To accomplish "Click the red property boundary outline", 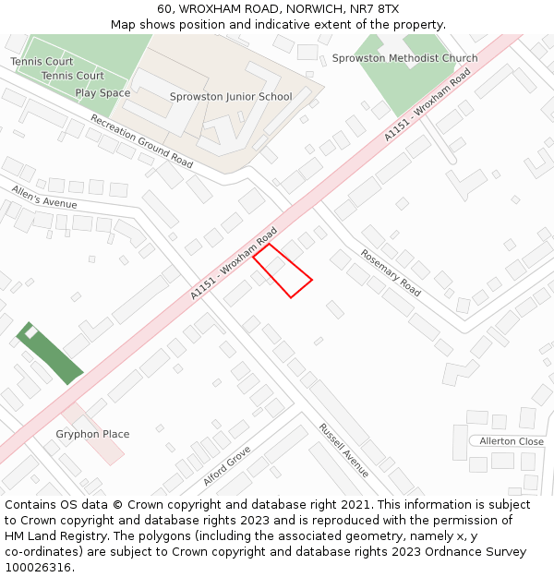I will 283,270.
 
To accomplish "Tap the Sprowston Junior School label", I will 231,97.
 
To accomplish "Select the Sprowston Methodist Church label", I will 405,58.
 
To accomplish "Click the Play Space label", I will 102,93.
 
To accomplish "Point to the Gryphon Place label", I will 92,434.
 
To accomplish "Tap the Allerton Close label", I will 512,441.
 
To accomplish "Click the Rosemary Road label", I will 391,272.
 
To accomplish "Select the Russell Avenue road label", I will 344,443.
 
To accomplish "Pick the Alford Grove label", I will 227,466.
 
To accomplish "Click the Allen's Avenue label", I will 44,197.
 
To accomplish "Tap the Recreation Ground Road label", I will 141,141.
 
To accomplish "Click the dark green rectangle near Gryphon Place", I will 50,354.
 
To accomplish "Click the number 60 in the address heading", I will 164,8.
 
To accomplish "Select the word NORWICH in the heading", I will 299,8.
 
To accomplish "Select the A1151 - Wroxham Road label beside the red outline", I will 235,262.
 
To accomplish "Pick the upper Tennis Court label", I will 42,62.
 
